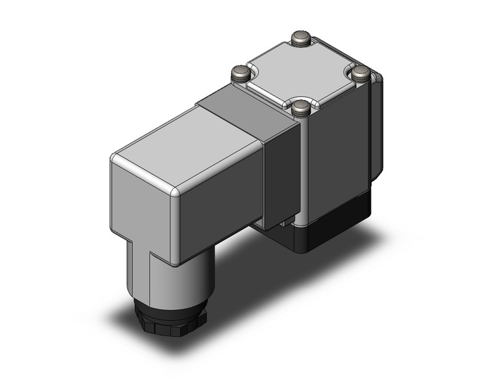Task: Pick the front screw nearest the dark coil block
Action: click(300, 108)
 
